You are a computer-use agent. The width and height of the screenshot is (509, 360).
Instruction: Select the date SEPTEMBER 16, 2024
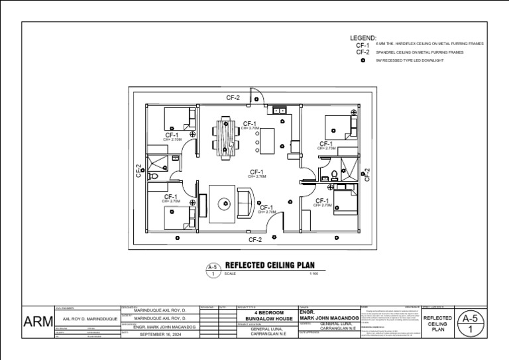coord(159,335)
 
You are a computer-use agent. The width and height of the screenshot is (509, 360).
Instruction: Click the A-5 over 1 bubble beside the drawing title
coord(212,270)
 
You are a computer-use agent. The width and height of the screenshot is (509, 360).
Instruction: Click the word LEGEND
coord(363,38)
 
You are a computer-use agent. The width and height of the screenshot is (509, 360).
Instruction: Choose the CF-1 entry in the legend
coord(363,45)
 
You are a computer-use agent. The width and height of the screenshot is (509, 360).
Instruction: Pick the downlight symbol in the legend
coord(363,60)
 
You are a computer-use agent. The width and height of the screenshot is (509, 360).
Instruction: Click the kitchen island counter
coord(268,139)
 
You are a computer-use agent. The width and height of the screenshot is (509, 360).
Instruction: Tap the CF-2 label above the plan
coord(233,97)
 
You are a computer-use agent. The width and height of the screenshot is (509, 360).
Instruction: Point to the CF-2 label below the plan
coord(255,239)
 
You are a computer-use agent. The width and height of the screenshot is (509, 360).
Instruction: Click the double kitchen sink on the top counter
coord(279,109)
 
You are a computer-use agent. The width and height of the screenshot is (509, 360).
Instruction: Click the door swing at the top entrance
coord(257,97)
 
